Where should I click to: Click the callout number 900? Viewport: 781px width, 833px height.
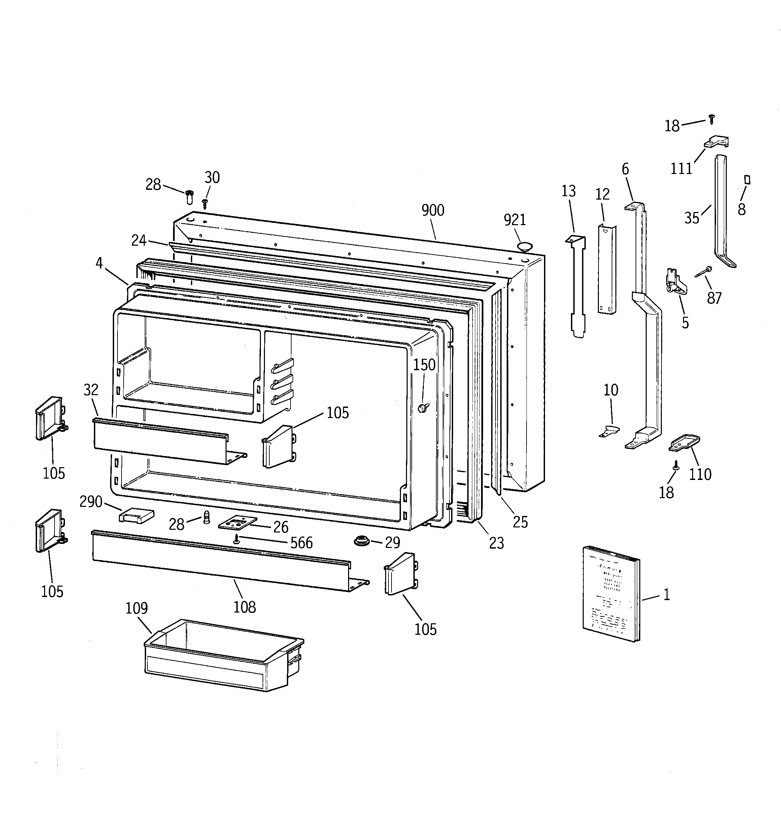click(x=433, y=210)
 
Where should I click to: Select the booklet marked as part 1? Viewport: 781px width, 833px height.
click(x=611, y=594)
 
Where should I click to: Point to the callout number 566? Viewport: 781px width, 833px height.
click(x=301, y=543)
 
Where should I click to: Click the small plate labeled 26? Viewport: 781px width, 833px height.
click(x=237, y=522)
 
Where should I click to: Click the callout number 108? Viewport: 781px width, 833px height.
click(x=244, y=607)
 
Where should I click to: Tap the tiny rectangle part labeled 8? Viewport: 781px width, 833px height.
click(x=747, y=180)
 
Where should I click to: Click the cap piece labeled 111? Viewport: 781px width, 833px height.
click(x=716, y=142)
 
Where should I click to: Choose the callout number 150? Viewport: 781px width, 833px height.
click(x=424, y=365)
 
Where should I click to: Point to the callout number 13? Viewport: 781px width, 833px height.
click(x=569, y=191)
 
